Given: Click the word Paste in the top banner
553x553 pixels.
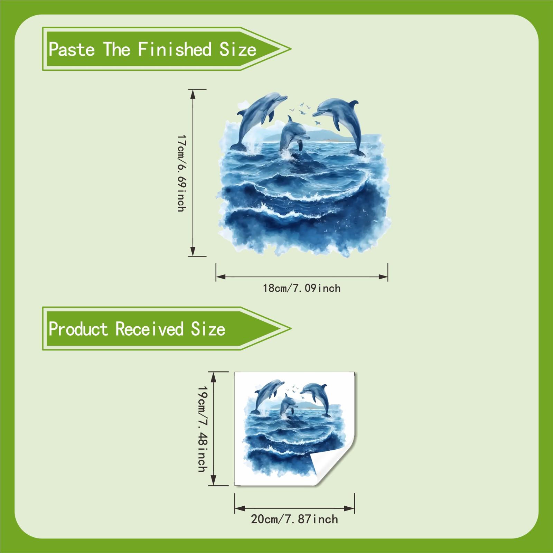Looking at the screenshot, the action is (x=72, y=49).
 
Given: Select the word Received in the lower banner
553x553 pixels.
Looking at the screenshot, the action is (x=149, y=329).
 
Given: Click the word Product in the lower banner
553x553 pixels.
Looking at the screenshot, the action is (x=78, y=329).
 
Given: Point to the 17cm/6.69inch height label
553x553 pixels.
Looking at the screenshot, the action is (x=181, y=173).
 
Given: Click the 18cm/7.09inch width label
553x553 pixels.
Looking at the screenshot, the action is (x=302, y=288).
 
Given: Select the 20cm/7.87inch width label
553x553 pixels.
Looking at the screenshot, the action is (x=294, y=519).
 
